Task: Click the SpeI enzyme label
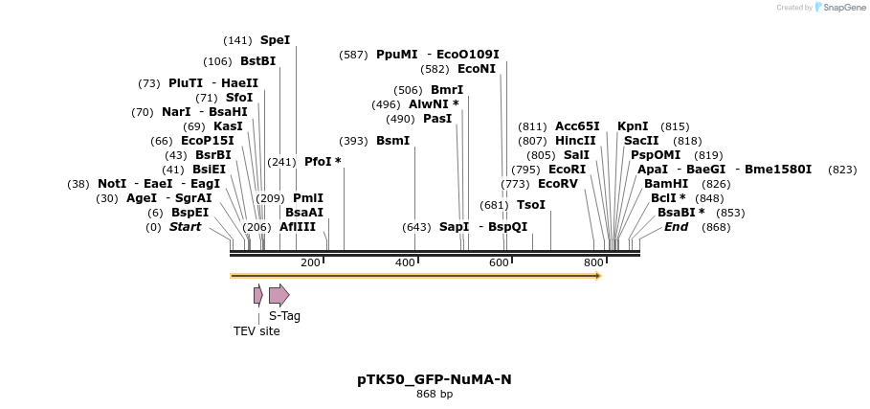point(275,40)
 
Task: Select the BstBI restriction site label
point(257,61)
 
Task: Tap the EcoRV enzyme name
point(557,183)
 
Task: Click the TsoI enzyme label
point(530,205)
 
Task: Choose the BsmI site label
point(392,141)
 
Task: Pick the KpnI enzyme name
point(633,126)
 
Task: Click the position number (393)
point(353,141)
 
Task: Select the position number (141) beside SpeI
point(237,40)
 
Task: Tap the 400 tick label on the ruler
point(405,262)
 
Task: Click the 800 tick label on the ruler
point(593,262)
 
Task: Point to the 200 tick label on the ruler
point(310,262)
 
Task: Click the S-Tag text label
point(284,315)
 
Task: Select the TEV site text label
point(257,331)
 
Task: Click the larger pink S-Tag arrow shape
point(279,295)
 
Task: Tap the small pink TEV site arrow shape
point(257,295)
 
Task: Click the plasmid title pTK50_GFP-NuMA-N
point(435,379)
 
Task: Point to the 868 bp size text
point(435,395)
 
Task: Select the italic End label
point(676,227)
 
